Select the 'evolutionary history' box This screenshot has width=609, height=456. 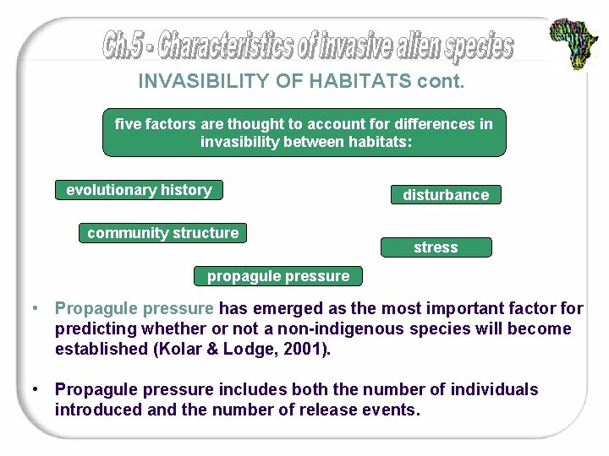(x=139, y=190)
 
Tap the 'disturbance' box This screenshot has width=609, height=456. (x=446, y=195)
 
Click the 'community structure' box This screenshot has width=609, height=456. (x=163, y=233)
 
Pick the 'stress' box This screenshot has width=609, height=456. (x=436, y=247)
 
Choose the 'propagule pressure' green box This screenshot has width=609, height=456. (x=278, y=276)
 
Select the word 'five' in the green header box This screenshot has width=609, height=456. (x=128, y=124)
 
